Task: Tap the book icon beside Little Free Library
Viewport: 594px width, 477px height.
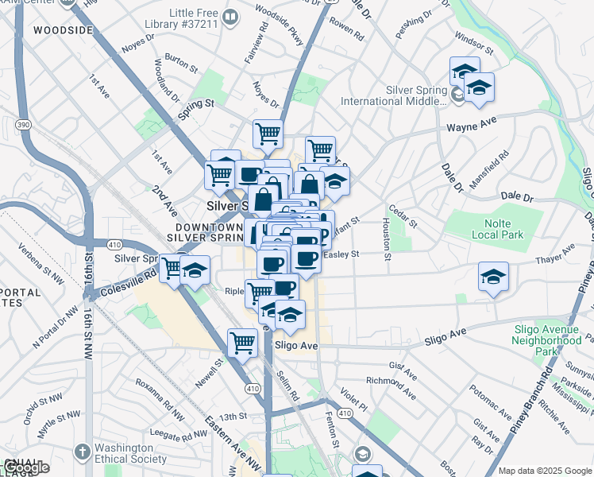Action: pos(230,16)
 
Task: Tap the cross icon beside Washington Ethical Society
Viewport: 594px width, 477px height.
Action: pos(81,452)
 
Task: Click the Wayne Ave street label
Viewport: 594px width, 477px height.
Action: pos(471,126)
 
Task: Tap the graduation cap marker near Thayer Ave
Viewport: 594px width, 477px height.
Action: pos(493,277)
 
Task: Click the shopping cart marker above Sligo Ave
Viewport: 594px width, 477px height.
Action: pos(242,343)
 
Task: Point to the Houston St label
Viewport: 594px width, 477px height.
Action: pos(387,238)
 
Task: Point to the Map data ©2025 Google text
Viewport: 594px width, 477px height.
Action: pos(544,471)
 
